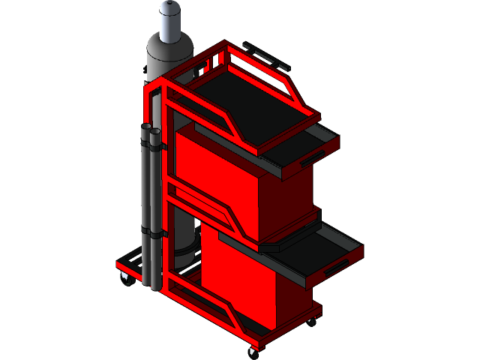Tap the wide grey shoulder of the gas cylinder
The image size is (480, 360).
coord(168,52)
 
